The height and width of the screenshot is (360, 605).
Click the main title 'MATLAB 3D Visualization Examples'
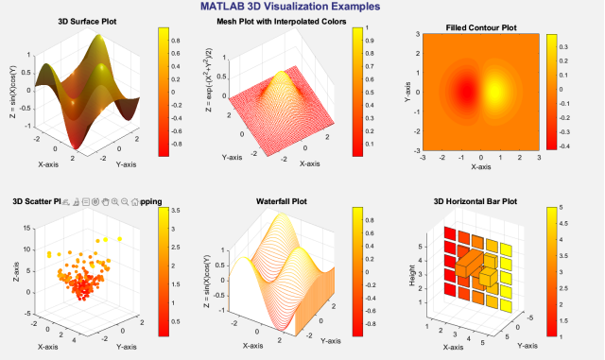pyautogui.click(x=300, y=7)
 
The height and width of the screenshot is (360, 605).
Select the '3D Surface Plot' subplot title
pyautogui.click(x=89, y=21)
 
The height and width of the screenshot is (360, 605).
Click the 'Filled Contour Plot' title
pyautogui.click(x=480, y=27)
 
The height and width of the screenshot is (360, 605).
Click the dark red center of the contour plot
pyautogui.click(x=466, y=91)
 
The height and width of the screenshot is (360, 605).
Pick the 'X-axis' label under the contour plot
pyautogui.click(x=480, y=167)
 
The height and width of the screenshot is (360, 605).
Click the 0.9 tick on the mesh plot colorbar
pyautogui.click(x=371, y=41)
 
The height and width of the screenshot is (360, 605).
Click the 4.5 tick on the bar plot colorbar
pyautogui.click(x=560, y=223)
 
